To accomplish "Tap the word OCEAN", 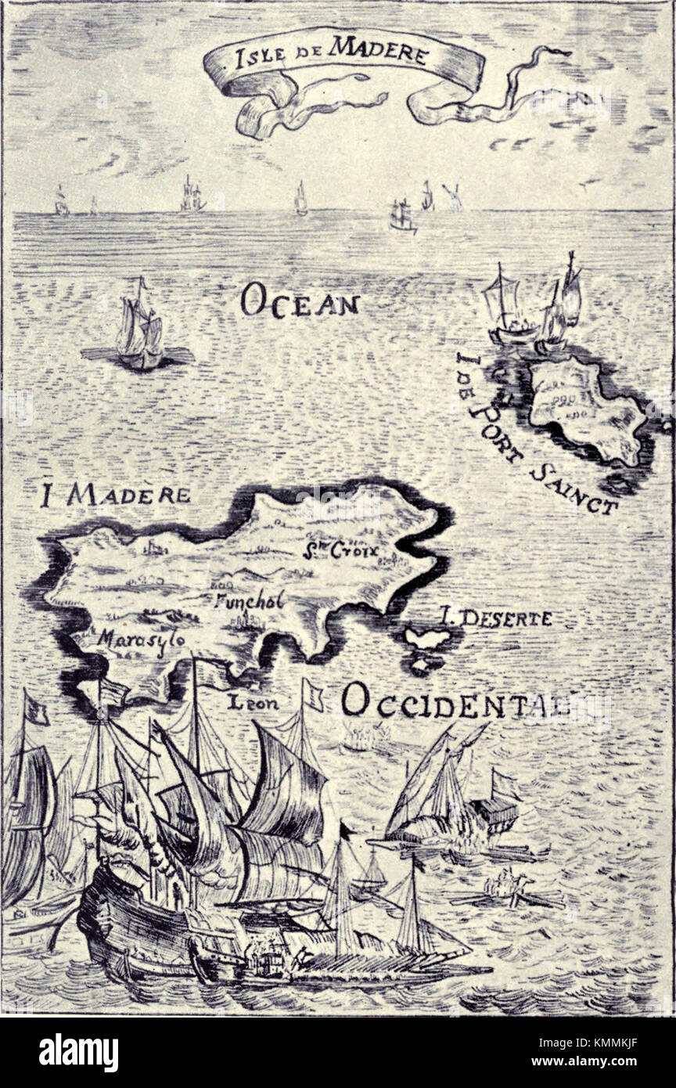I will (300, 301).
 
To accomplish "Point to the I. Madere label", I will (115, 495).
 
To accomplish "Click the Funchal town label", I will (248, 603).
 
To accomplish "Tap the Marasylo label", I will (142, 638).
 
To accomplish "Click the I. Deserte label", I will (496, 618).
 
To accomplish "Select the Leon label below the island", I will (253, 704).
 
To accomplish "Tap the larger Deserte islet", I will (427, 639).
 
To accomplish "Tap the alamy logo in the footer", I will (79, 1053).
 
